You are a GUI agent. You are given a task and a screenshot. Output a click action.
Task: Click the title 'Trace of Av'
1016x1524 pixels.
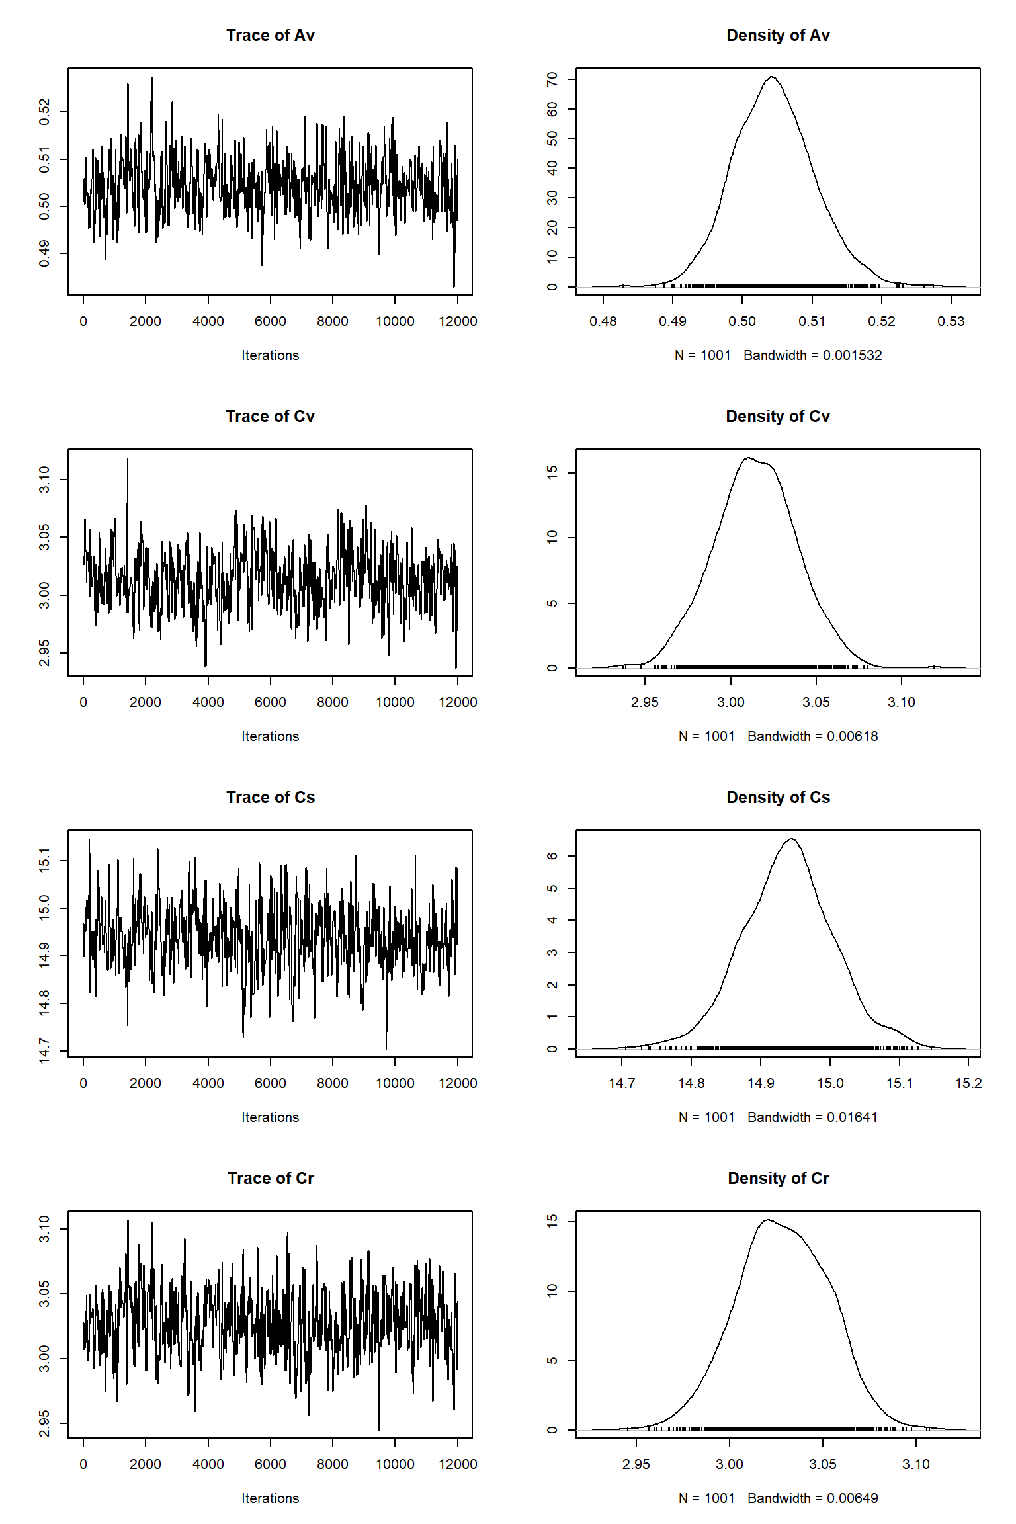(x=270, y=36)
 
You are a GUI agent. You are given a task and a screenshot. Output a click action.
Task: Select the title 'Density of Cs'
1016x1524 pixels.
(x=778, y=798)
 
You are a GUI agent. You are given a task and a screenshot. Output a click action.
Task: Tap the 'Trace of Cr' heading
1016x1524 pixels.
(x=270, y=1179)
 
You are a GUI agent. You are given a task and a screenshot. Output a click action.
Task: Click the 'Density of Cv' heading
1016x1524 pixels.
(x=778, y=417)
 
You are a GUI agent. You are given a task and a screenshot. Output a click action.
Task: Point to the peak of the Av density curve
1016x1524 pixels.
(x=772, y=77)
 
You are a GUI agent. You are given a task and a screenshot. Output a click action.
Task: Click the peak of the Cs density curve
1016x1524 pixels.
(x=791, y=839)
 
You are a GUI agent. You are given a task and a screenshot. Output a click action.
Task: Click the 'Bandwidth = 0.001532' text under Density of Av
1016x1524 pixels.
(x=812, y=355)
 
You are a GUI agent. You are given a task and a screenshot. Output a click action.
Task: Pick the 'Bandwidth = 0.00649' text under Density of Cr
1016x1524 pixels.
(x=812, y=1498)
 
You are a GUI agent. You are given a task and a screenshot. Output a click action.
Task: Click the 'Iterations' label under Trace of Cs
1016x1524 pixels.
(x=270, y=1117)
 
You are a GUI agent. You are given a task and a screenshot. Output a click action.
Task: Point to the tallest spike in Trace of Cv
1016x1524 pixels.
(x=128, y=459)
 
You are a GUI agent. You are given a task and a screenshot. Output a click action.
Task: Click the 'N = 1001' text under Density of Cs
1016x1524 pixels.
(x=706, y=1117)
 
